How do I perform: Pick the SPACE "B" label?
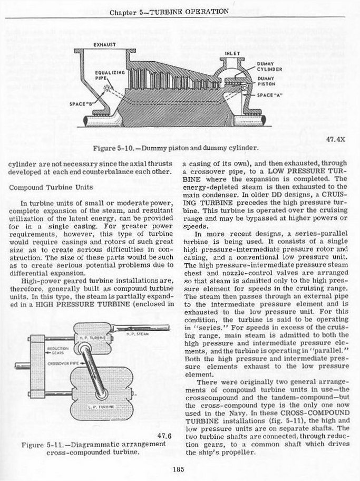pos(81,104)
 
